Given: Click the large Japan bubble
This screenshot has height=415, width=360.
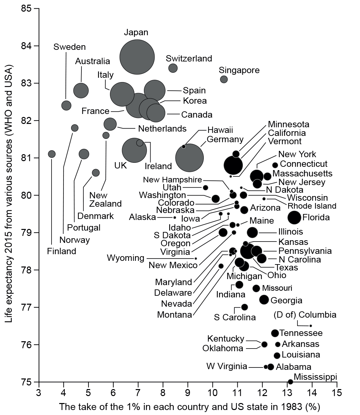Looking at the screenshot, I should click(137, 57).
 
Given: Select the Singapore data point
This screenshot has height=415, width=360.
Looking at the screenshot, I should click(224, 79).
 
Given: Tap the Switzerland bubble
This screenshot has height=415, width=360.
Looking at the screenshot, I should click(173, 68).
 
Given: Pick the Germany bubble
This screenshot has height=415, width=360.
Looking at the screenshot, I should click(189, 158).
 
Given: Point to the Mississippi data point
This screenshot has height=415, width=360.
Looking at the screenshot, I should click(290, 382).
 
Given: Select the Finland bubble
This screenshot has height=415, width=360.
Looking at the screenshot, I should click(52, 154).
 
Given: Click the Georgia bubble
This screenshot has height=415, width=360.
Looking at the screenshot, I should click(264, 299).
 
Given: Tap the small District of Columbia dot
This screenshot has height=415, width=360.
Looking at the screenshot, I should click(310, 326).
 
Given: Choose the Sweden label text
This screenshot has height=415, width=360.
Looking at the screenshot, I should click(69, 47).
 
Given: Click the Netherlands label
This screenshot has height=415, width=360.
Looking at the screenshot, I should click(162, 128).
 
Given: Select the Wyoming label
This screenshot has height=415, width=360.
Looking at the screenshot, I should click(126, 258).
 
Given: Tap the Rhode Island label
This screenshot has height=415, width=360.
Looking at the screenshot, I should click(312, 206).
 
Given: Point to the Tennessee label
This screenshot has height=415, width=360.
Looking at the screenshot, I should click(301, 333).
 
